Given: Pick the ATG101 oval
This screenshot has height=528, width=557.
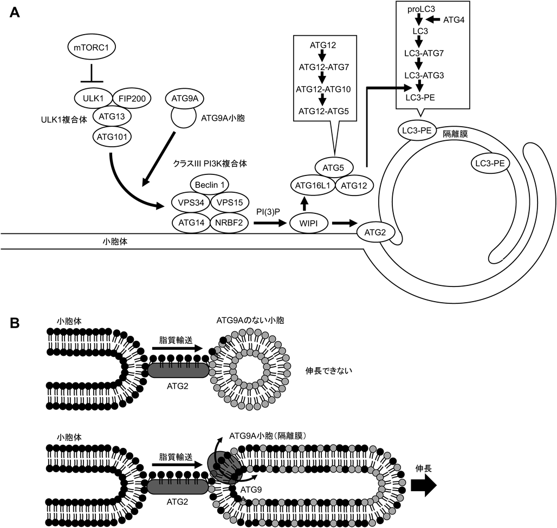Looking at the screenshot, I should (112, 136).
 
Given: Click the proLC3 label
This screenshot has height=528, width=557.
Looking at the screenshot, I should (418, 9).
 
